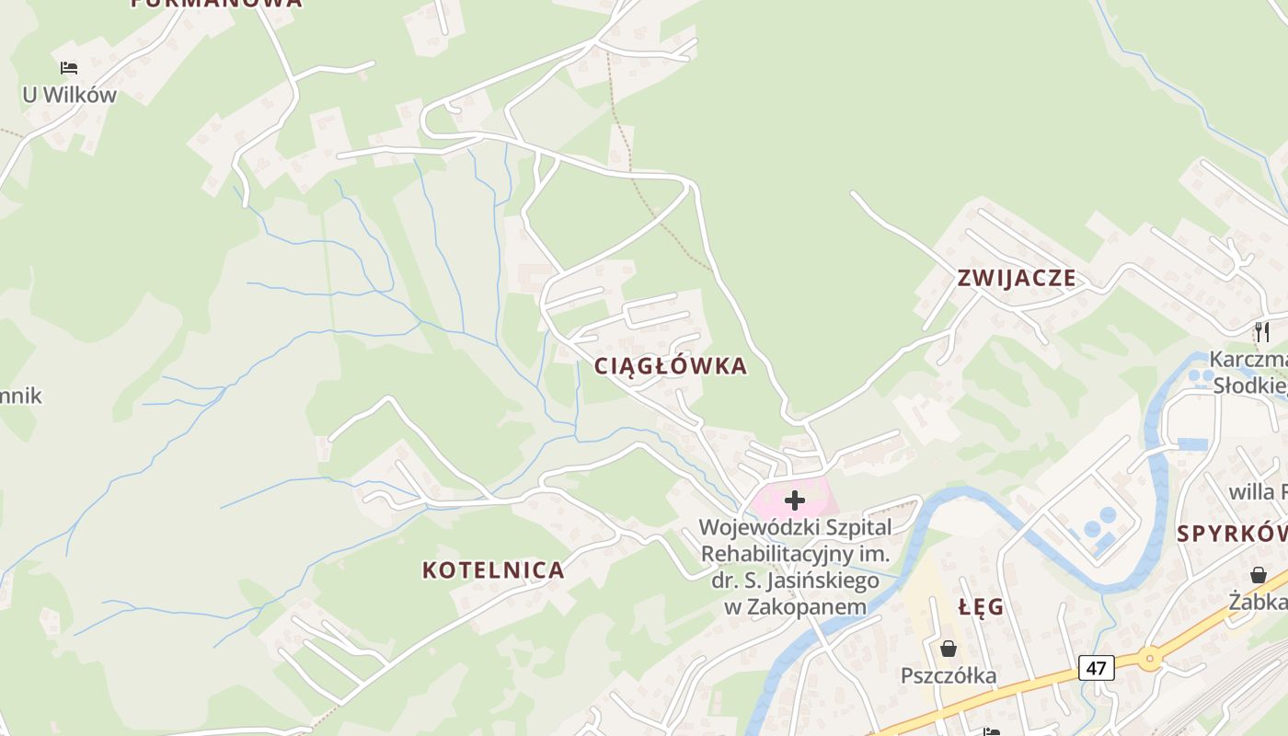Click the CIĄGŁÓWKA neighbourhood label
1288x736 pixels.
click(x=670, y=366)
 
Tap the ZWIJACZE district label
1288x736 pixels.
click(x=1016, y=278)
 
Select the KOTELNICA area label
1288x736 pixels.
click(x=493, y=570)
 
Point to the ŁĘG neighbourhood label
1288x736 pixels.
click(x=981, y=608)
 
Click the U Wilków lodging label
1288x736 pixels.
click(x=70, y=95)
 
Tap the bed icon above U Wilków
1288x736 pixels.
click(x=69, y=67)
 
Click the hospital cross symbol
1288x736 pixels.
click(x=795, y=500)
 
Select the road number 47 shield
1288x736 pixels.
click(x=1096, y=667)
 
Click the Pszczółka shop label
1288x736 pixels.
click(x=949, y=676)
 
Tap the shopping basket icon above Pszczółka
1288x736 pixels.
click(x=949, y=650)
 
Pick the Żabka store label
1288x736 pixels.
click(x=1258, y=602)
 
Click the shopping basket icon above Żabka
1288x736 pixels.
click(x=1258, y=575)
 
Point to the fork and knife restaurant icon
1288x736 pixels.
click(x=1262, y=331)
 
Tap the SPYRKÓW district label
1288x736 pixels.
click(x=1232, y=534)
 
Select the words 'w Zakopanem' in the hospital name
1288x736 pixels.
click(x=795, y=607)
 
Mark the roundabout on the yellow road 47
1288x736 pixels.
click(x=1149, y=658)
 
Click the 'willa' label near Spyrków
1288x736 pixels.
click(x=1252, y=492)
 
